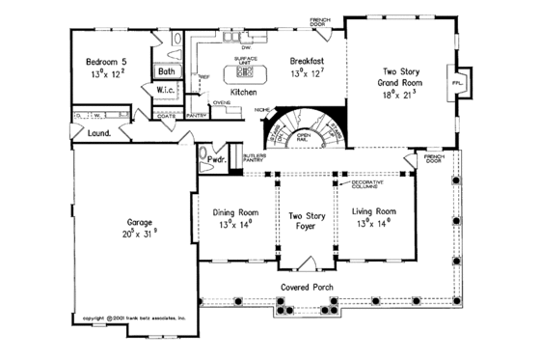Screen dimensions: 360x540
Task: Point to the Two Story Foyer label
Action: point(305,214)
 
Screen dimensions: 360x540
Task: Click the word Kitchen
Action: point(243,92)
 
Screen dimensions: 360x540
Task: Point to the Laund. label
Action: point(97,134)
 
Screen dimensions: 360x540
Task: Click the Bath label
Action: point(167,71)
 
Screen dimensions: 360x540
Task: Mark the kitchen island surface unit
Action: point(242,73)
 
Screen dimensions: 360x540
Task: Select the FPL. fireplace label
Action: point(456,84)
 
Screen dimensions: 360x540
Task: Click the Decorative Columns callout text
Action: point(367,183)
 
